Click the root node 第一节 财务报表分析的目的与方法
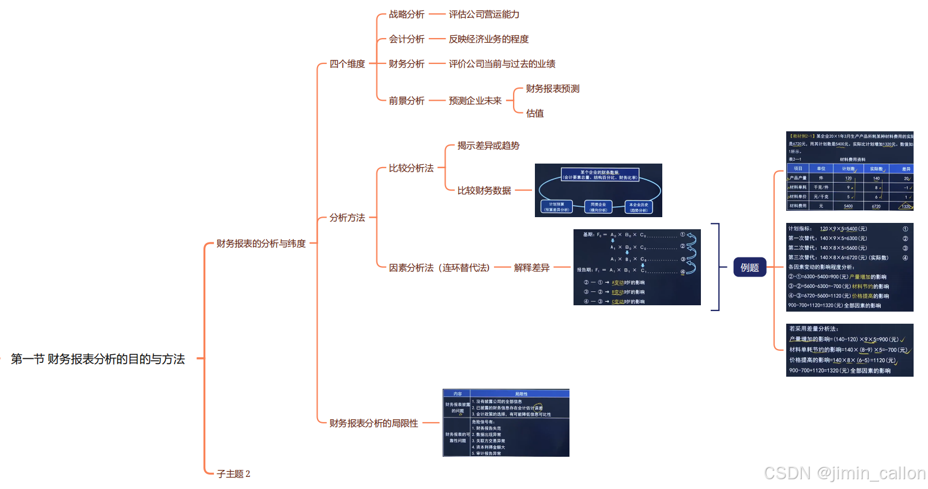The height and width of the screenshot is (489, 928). [98, 359]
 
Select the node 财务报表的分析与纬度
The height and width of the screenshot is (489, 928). [261, 244]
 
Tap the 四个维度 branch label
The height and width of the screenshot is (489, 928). [347, 64]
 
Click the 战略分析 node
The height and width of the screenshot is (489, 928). [406, 14]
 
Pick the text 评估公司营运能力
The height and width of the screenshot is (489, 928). [484, 14]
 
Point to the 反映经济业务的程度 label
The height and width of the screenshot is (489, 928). [489, 39]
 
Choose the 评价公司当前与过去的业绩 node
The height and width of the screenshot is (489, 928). [502, 64]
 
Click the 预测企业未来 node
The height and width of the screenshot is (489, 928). [475, 101]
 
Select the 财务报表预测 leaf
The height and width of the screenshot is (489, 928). [553, 89]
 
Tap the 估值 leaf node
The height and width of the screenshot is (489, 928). [535, 113]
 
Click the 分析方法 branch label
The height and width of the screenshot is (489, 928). [347, 218]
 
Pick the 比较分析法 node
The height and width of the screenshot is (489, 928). [411, 168]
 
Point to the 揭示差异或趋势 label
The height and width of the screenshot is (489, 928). [488, 146]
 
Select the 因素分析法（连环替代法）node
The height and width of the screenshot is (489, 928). [439, 268]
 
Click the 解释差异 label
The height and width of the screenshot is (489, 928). [531, 268]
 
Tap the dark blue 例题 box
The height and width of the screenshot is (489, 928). [749, 267]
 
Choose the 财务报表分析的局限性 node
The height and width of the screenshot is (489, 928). [374, 423]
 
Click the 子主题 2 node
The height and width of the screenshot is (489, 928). [233, 474]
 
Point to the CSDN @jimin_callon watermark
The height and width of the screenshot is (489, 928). [844, 473]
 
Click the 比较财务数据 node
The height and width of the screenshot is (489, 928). [484, 191]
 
